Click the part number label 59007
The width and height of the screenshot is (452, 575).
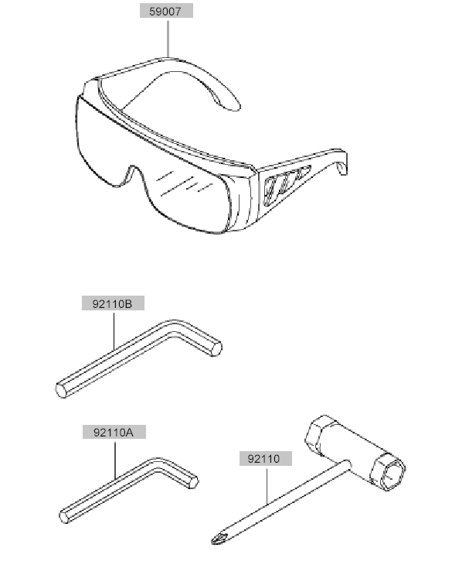(166, 11)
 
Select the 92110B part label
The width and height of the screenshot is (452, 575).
(113, 303)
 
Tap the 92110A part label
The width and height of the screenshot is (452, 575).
(114, 432)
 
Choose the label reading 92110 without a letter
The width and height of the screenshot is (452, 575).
(266, 458)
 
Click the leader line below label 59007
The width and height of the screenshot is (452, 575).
(168, 38)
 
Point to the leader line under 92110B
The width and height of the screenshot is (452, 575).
(114, 330)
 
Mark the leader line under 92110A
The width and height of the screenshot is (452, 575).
(115, 460)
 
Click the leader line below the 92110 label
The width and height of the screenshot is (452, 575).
(267, 484)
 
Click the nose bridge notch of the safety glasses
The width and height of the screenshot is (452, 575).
(132, 173)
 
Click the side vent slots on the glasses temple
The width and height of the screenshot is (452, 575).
(286, 184)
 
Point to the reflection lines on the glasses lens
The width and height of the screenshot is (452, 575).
(184, 183)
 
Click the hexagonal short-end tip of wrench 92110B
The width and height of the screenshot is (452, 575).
(216, 347)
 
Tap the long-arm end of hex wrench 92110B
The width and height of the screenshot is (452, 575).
(62, 389)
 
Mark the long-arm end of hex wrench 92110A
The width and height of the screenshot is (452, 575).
(65, 516)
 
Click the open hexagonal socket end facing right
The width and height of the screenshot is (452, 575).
(389, 471)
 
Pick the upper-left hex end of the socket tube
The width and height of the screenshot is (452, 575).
(318, 433)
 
